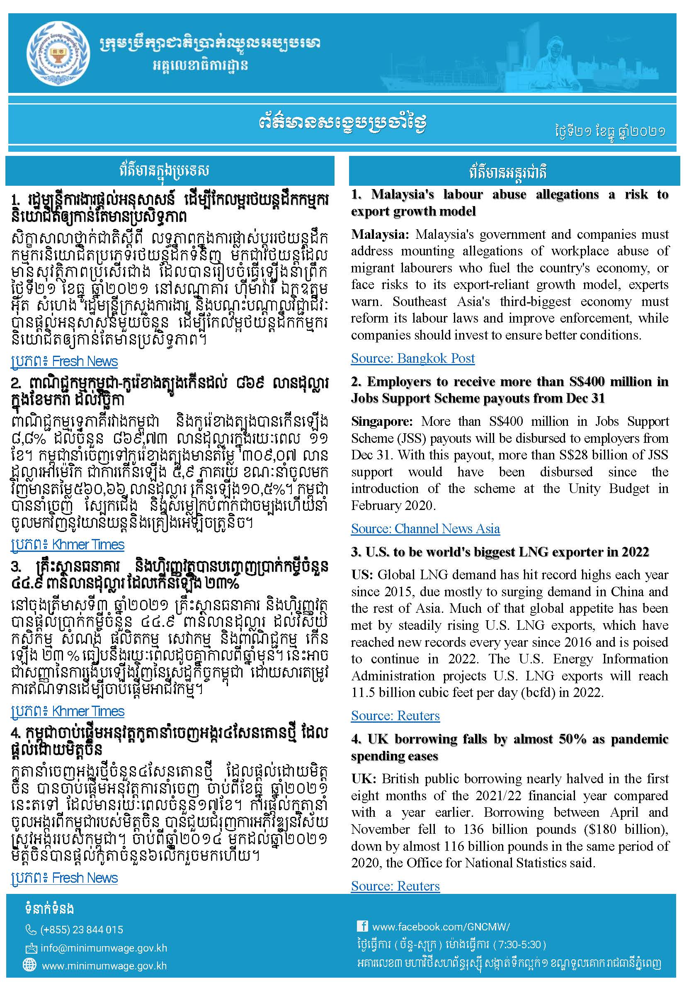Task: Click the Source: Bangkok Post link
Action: [413, 358]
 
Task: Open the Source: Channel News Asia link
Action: [425, 529]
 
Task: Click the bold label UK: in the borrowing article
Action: [364, 779]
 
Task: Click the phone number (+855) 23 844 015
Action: [81, 929]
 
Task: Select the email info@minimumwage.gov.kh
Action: [104, 947]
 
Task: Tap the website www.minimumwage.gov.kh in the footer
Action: [104, 966]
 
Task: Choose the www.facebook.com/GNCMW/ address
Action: [441, 927]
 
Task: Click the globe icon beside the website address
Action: [29, 965]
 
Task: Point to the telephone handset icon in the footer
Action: [31, 929]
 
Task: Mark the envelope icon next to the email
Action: [31, 947]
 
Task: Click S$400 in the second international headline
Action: [585, 381]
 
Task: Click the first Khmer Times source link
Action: [67, 545]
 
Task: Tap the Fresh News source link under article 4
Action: [64, 878]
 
